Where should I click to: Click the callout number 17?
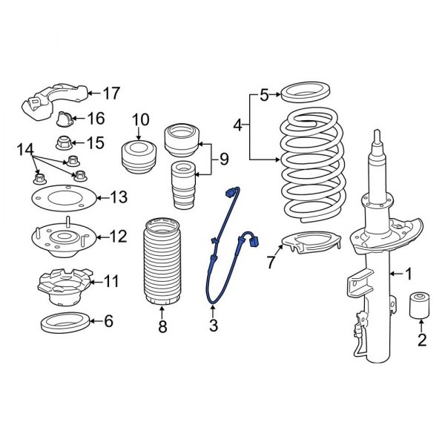point(111,93)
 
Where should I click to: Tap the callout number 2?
point(422,341)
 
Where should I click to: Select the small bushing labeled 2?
point(422,304)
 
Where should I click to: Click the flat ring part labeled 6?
point(63,322)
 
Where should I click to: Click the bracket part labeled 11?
point(63,286)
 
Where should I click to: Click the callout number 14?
point(25,151)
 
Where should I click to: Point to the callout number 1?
point(407,274)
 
